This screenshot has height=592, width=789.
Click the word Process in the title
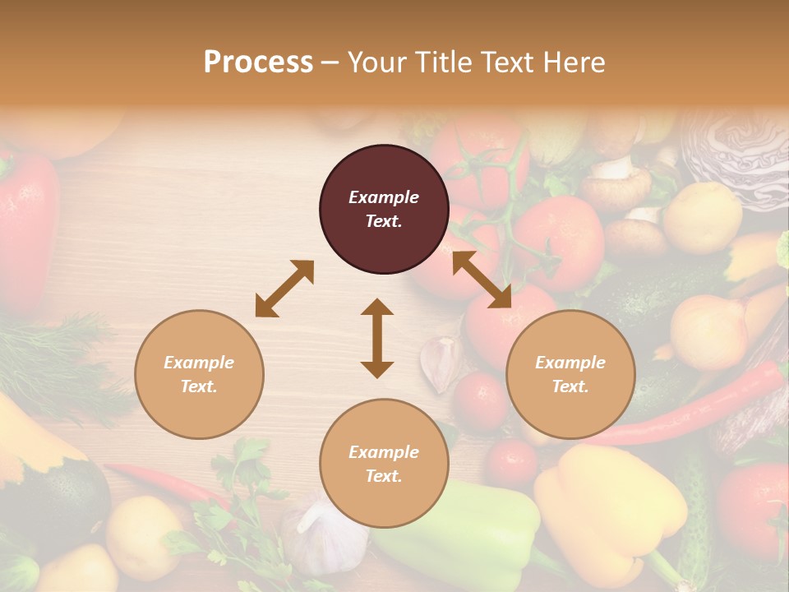tap(258, 62)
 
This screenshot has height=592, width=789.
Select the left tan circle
tap(199, 374)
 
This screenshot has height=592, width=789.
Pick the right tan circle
tap(570, 374)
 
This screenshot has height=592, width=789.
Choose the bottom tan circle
tap(384, 464)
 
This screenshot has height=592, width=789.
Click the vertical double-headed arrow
tap(377, 338)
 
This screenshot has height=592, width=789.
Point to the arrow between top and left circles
tap(284, 289)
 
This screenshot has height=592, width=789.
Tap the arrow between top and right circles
tap(482, 280)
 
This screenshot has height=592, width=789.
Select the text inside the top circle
tap(384, 209)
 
